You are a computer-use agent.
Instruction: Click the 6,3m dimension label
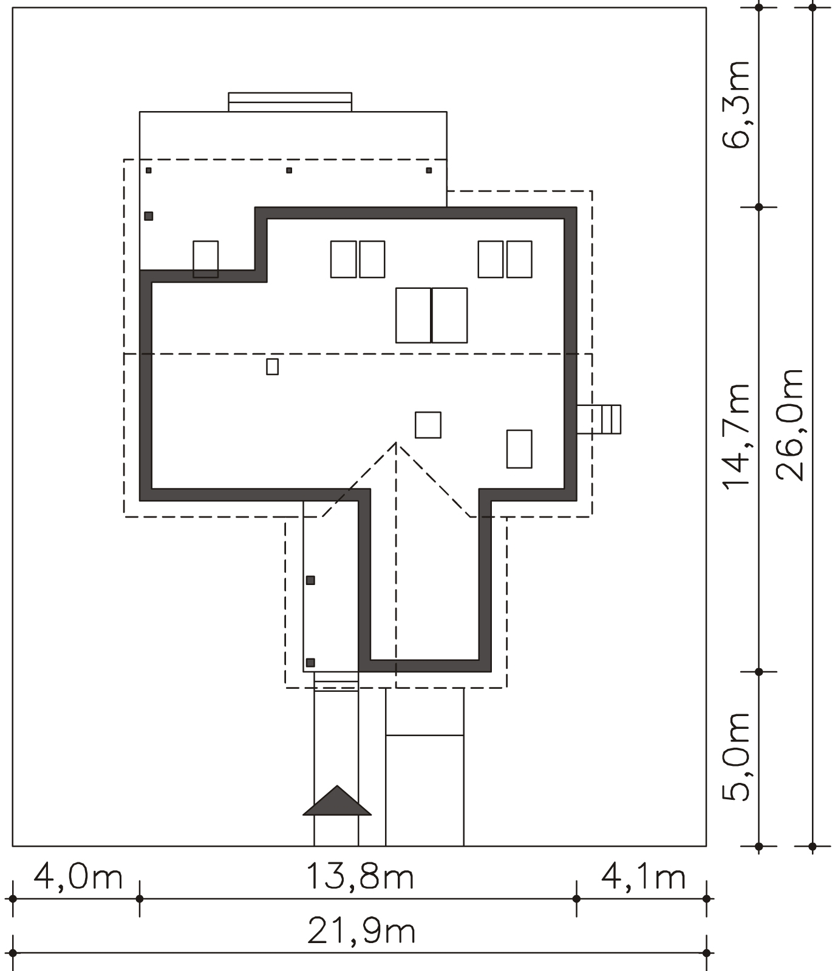pyautogui.click(x=736, y=104)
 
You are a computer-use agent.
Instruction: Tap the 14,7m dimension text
pyautogui.click(x=736, y=436)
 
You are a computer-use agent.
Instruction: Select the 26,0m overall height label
pyautogui.click(x=790, y=425)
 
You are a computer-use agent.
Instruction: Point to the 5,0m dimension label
pyautogui.click(x=736, y=756)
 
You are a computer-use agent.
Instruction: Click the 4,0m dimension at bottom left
pyautogui.click(x=78, y=878)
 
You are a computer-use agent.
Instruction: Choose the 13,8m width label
pyautogui.click(x=360, y=878)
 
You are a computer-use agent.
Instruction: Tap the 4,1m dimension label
pyautogui.click(x=644, y=878)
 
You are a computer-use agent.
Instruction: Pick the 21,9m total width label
pyautogui.click(x=362, y=932)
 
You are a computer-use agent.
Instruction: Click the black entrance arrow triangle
pyautogui.click(x=337, y=800)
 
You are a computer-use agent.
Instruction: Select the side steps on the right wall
pyautogui.click(x=599, y=419)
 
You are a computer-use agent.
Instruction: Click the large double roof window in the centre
pyautogui.click(x=432, y=316)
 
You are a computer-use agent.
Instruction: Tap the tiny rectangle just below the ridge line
pyautogui.click(x=273, y=367)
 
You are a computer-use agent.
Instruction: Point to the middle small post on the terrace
pyautogui.click(x=289, y=171)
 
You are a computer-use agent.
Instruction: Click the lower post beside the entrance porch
pyautogui.click(x=310, y=663)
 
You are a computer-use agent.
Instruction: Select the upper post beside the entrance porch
pyautogui.click(x=310, y=581)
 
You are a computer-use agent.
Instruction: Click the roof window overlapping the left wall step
pyautogui.click(x=206, y=259)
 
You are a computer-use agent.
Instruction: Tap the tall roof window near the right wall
pyautogui.click(x=520, y=449)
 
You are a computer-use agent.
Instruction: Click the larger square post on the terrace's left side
pyautogui.click(x=149, y=216)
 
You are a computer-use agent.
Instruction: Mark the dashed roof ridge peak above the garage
pyautogui.click(x=396, y=443)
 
